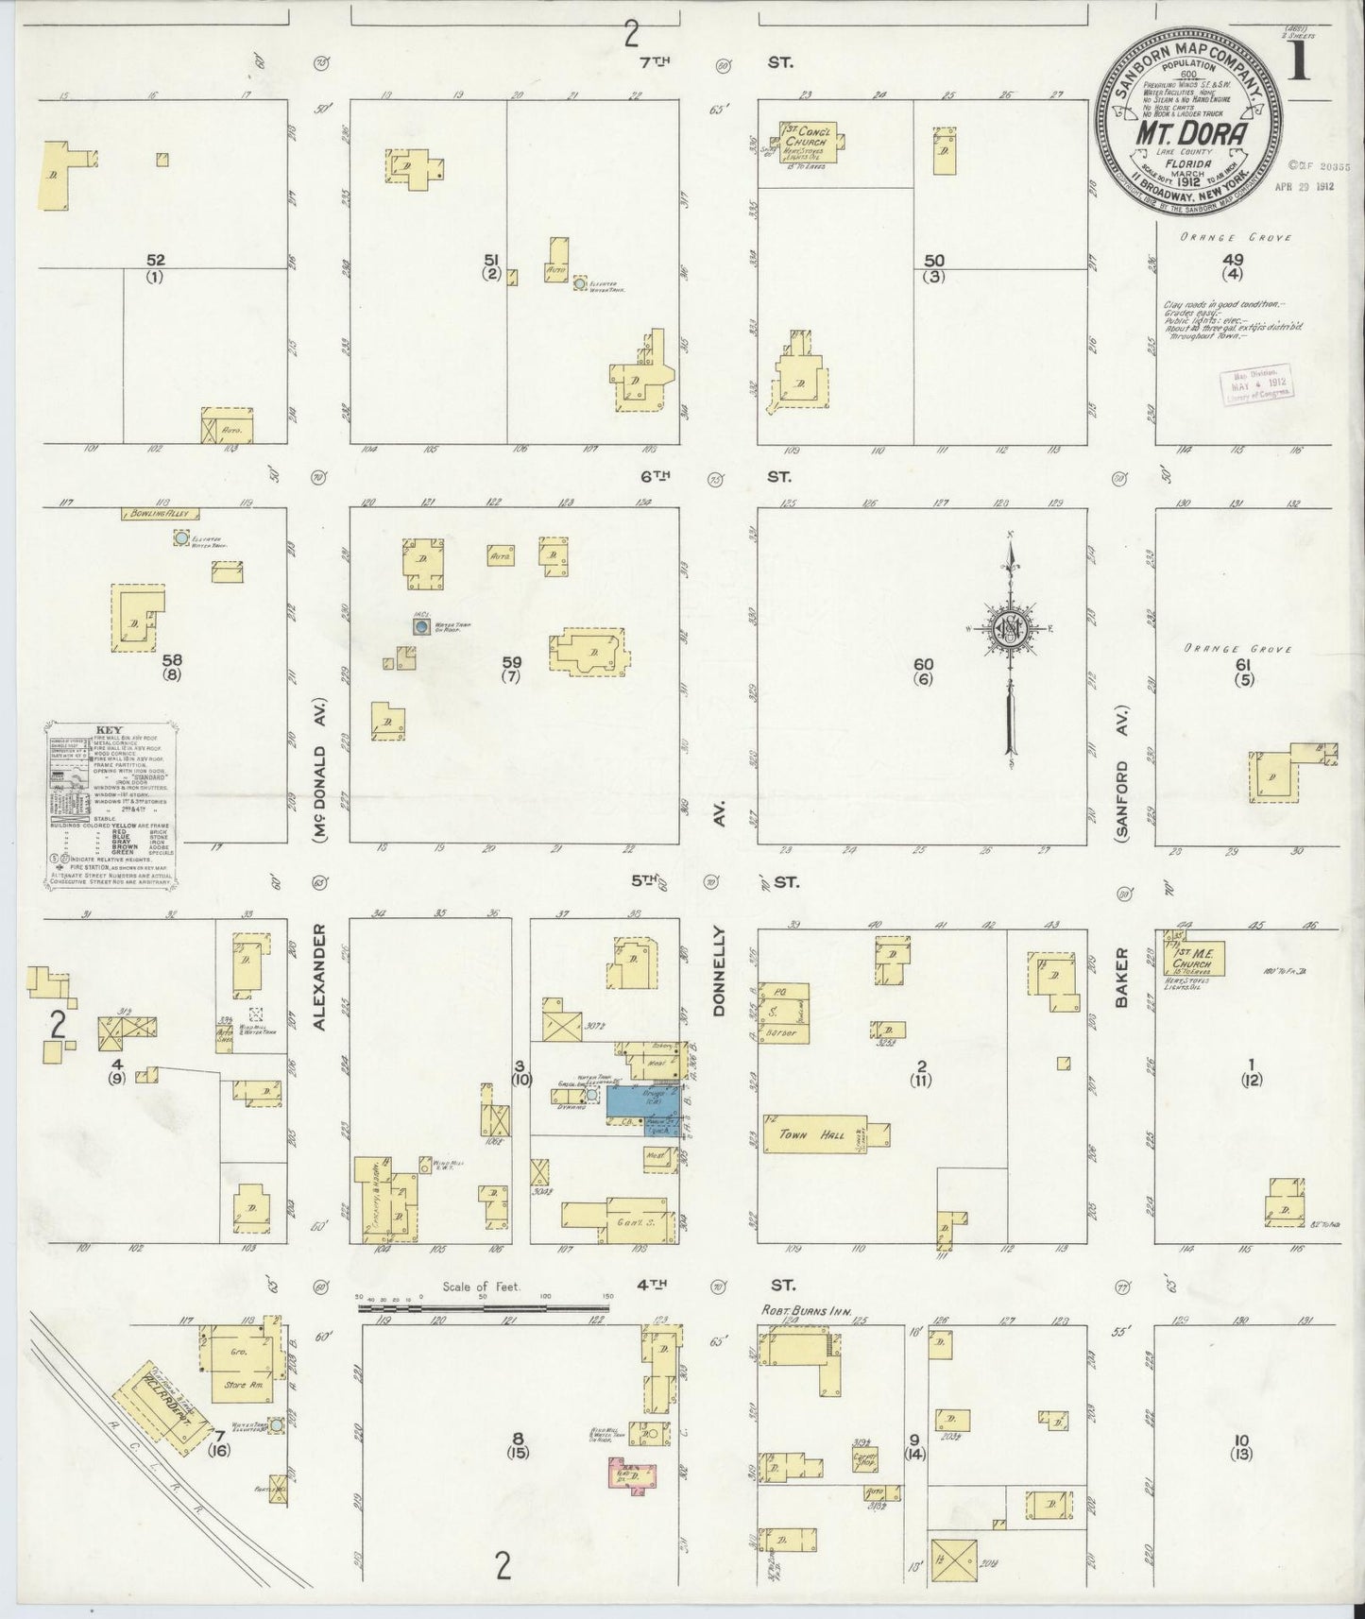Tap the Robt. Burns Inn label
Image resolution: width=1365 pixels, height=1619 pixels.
tap(801, 1312)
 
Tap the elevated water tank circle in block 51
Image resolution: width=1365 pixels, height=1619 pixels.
tap(579, 282)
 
